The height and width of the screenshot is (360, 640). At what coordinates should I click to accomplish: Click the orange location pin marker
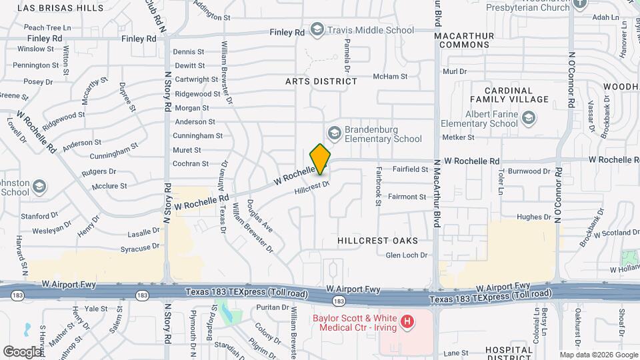pyautogui.click(x=321, y=159)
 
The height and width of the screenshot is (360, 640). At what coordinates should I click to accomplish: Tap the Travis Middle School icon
pyautogui.click(x=317, y=30)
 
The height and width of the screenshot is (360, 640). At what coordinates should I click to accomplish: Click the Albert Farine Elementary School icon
pyautogui.click(x=529, y=119)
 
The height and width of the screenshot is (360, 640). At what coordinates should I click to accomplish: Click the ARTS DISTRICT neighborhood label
pyautogui.click(x=321, y=81)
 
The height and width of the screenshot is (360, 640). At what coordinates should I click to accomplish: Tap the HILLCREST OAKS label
pyautogui.click(x=377, y=240)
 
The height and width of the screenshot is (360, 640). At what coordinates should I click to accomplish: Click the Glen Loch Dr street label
pyautogui.click(x=406, y=255)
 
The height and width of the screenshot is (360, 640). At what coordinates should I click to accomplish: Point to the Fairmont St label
pyautogui.click(x=407, y=197)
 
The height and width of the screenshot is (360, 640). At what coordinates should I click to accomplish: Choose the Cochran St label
pyautogui.click(x=191, y=163)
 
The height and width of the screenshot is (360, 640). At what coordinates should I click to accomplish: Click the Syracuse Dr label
pyautogui.click(x=139, y=247)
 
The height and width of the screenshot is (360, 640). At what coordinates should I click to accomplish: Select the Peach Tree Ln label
pyautogui.click(x=47, y=28)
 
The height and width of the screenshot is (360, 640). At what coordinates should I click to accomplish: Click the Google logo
pyautogui.click(x=23, y=351)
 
